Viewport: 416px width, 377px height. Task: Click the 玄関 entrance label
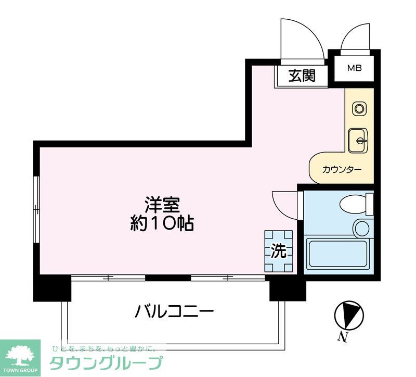[302, 76]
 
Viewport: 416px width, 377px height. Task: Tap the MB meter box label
[354, 68]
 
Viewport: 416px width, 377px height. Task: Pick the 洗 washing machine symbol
[279, 252]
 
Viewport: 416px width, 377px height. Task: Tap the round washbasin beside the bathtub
[361, 228]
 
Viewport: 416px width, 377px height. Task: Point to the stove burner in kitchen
[359, 109]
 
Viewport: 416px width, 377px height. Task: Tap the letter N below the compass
[342, 337]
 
